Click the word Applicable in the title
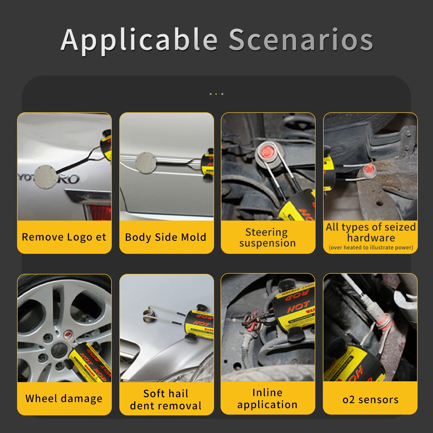point(139,40)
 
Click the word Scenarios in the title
point(301,40)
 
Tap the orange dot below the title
point(216,94)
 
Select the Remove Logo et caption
point(64,237)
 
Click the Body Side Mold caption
point(166,237)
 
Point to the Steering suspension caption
point(267,237)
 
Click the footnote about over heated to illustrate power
point(371,247)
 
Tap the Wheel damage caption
point(64,398)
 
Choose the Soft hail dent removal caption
point(166,399)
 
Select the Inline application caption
point(267,398)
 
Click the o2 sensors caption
point(370,399)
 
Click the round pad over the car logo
point(46,177)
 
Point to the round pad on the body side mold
point(146,162)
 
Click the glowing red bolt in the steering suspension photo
point(267,152)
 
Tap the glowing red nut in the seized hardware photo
point(369,170)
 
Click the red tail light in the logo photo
point(100,212)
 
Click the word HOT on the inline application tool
point(298,307)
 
